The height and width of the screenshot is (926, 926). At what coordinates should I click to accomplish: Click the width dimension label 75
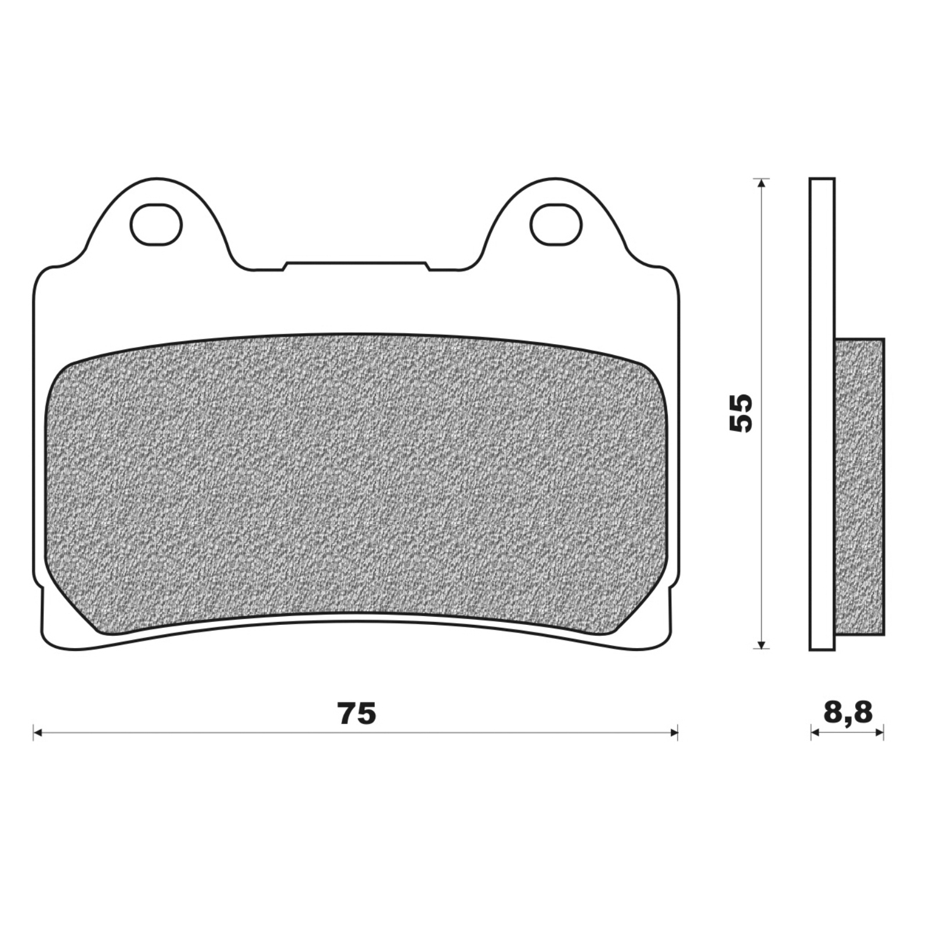tap(357, 713)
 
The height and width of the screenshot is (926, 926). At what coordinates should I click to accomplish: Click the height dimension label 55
tap(740, 413)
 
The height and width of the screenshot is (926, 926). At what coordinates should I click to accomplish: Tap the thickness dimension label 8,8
tap(847, 712)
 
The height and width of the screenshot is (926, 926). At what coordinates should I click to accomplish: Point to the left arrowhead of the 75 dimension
tap(38, 733)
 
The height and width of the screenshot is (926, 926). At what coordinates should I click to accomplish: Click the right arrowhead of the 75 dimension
tap(673, 733)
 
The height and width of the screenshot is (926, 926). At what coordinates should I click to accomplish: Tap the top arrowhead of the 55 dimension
tap(761, 183)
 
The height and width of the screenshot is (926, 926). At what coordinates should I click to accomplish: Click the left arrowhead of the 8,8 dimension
tap(815, 733)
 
